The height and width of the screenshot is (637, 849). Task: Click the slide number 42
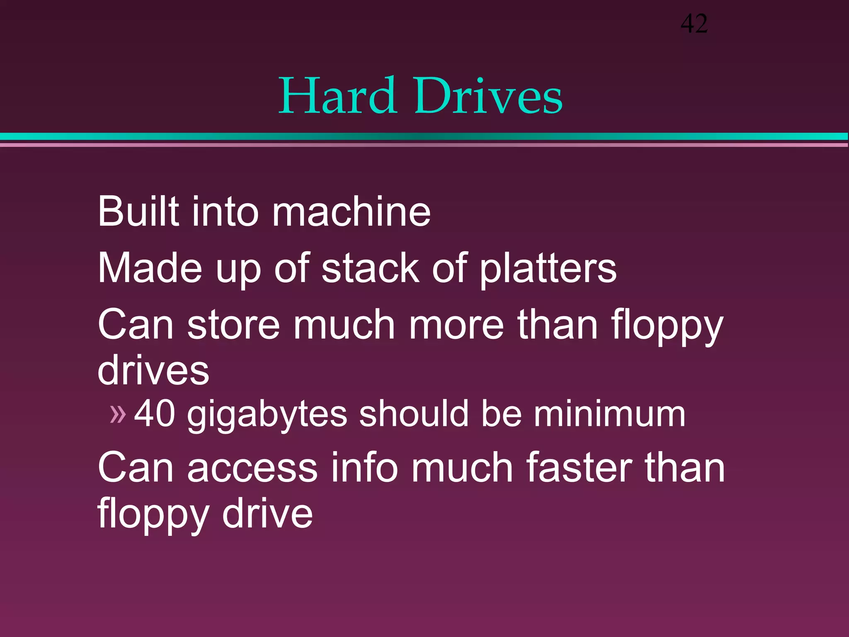click(x=694, y=24)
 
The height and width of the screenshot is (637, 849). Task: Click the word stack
click(x=370, y=268)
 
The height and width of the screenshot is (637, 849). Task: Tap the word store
click(x=234, y=325)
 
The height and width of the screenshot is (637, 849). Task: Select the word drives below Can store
click(x=153, y=370)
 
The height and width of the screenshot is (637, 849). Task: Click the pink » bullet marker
click(x=118, y=414)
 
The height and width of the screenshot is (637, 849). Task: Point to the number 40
click(x=155, y=413)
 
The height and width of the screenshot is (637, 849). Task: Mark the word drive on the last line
click(x=267, y=514)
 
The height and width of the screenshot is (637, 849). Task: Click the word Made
click(x=150, y=268)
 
